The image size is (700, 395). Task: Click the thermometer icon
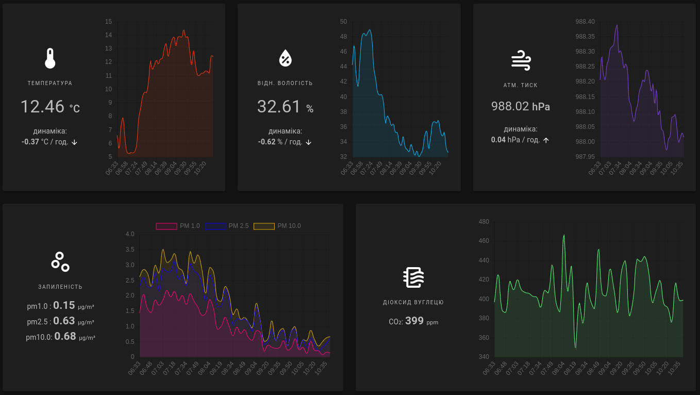click(x=50, y=58)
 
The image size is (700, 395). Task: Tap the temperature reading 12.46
click(x=42, y=107)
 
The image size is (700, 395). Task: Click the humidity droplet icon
click(x=285, y=58)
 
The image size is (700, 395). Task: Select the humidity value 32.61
click(x=279, y=106)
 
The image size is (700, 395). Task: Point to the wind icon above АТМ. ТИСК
click(x=521, y=60)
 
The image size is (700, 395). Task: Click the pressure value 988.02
click(x=510, y=106)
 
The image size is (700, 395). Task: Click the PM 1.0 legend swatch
click(x=166, y=226)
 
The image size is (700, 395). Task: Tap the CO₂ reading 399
click(x=414, y=321)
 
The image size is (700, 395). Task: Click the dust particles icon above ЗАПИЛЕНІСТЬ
click(x=60, y=262)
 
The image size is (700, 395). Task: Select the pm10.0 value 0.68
click(x=65, y=336)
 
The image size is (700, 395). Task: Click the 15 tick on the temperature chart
click(x=108, y=22)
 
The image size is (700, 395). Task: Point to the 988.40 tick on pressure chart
click(x=585, y=22)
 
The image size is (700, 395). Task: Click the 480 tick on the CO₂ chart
click(x=484, y=222)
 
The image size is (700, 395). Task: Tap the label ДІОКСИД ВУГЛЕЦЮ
click(x=413, y=303)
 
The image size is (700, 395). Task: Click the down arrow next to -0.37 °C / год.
click(x=74, y=142)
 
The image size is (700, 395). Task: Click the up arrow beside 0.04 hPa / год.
click(x=546, y=140)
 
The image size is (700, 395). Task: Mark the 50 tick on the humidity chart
click(x=343, y=22)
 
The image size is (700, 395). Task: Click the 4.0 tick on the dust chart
click(x=130, y=234)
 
